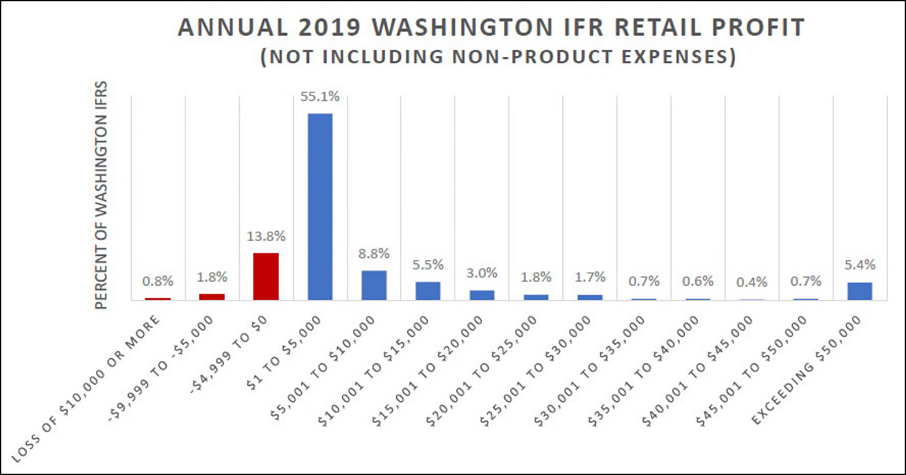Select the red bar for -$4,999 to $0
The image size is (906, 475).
pos(266,276)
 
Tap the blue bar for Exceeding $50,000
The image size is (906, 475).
pos(859,291)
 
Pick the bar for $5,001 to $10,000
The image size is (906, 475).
pos(374,285)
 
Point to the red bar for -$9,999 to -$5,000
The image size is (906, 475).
pos(212,296)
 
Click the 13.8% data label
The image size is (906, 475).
pos(266,236)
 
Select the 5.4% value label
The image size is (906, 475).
pos(860,264)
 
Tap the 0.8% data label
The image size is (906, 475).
pos(158,281)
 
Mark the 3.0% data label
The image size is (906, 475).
pos(482,273)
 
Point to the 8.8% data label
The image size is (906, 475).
pos(374,253)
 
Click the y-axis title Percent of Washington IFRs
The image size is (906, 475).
pos(102,195)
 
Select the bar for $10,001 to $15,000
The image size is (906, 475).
pos(428,290)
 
